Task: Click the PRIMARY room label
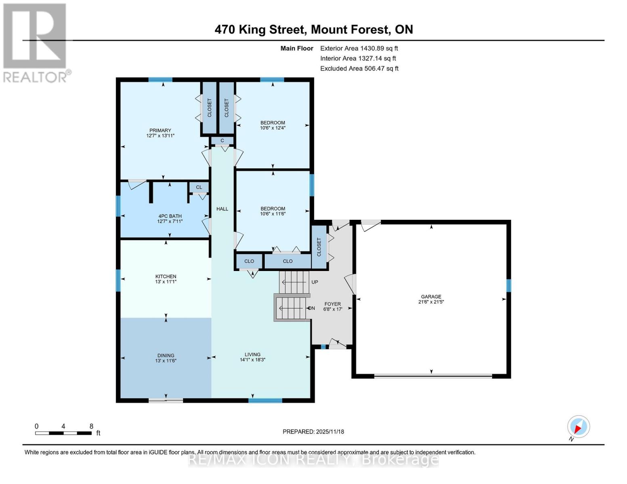[x=160, y=130]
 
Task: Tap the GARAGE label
[x=431, y=296]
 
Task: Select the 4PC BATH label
[x=170, y=216]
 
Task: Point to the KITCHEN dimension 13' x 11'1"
[x=166, y=282]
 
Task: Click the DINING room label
[x=166, y=355]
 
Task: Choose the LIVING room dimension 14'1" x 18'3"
[x=252, y=360]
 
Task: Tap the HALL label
[x=222, y=209]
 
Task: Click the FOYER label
[x=332, y=304]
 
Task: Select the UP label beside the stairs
[x=315, y=282]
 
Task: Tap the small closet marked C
[x=222, y=141]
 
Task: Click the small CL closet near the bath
[x=199, y=187]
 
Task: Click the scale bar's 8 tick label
[x=91, y=426]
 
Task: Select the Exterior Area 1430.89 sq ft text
[x=359, y=48]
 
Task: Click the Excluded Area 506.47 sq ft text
[x=359, y=69]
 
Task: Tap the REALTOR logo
[x=36, y=43]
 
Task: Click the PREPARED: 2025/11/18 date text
[x=313, y=432]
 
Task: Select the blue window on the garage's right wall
[x=508, y=286]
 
